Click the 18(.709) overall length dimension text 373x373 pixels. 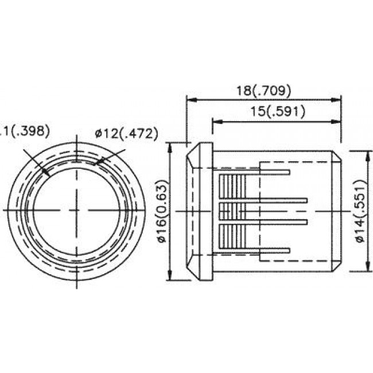(x=265, y=90)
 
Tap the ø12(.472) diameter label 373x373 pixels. (x=126, y=134)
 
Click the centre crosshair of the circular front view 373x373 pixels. (x=77, y=211)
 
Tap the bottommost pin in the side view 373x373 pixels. (x=275, y=250)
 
